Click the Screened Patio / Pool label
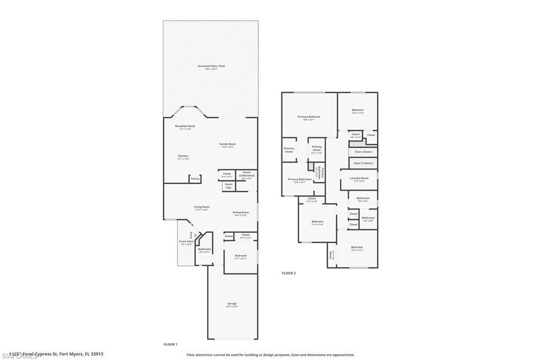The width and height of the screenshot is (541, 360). (x=211, y=67)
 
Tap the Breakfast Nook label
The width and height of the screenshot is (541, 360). (x=185, y=127)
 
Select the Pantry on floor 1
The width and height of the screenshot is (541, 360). (x=195, y=179)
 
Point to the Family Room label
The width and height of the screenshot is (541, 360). (x=228, y=145)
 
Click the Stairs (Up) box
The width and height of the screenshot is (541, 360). (x=228, y=186)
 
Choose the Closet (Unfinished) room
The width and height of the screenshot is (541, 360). (x=247, y=175)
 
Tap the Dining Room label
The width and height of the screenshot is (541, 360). (x=240, y=213)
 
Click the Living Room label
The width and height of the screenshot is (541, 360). (x=202, y=208)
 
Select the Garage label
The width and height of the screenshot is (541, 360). (x=232, y=305)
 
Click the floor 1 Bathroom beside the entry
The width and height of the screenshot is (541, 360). (x=204, y=250)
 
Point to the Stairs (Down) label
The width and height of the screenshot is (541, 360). (x=363, y=151)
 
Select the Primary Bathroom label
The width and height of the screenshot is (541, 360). (x=299, y=181)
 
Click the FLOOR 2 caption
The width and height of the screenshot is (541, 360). (x=288, y=273)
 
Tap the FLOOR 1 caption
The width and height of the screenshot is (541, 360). (x=170, y=344)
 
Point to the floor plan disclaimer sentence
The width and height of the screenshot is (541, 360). (x=270, y=355)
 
